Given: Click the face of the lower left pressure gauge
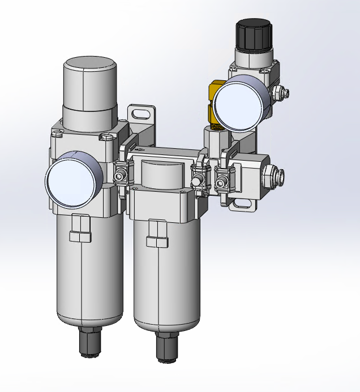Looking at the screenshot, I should coord(71,180).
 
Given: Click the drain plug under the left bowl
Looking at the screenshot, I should coord(89,342).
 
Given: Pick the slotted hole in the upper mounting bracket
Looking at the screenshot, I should coord(142,113).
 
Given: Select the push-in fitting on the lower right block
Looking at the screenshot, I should coord(277,177).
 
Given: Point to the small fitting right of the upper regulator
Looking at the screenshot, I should coord(280,91).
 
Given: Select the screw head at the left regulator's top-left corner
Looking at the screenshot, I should coord(57,133).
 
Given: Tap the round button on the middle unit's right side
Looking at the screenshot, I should coord(198,181).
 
